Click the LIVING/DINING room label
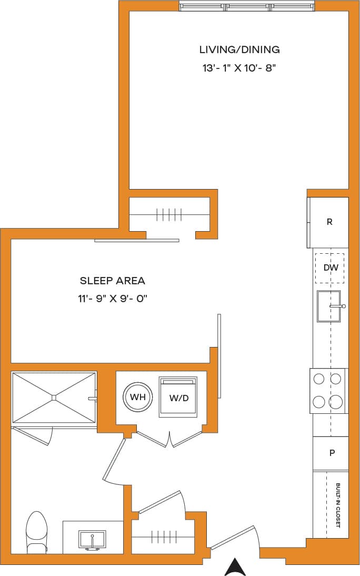click(x=239, y=50)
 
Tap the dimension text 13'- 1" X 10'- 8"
click(x=239, y=68)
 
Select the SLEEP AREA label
click(x=112, y=281)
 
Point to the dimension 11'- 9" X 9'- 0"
click(x=112, y=299)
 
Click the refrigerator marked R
click(x=329, y=222)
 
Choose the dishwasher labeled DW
click(x=330, y=267)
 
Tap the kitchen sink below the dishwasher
click(x=329, y=306)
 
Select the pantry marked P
click(x=331, y=453)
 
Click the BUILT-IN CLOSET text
click(x=337, y=505)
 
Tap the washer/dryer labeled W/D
click(x=178, y=398)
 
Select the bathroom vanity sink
click(x=92, y=540)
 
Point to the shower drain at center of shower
click(x=54, y=398)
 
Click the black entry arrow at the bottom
click(x=236, y=567)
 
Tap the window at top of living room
click(x=247, y=7)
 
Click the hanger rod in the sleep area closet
click(x=169, y=215)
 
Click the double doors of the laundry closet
click(x=169, y=439)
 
